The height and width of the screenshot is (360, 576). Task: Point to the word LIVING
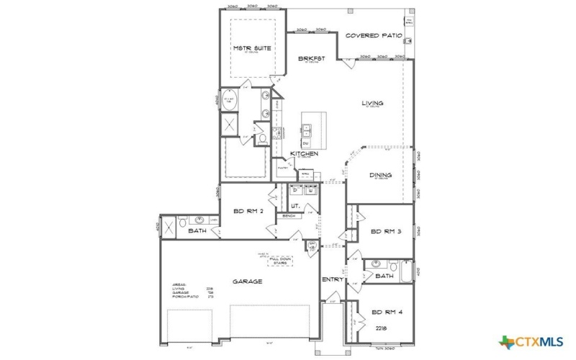tap(372, 103)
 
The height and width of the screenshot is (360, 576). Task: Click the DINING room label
tap(380, 175)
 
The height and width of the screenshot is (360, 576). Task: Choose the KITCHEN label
tap(304, 153)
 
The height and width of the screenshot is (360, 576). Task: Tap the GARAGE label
tap(246, 282)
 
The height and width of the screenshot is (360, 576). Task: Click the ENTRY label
tap(333, 279)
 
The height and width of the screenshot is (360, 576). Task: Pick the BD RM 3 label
tap(384, 231)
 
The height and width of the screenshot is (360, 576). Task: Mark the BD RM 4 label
tap(384, 313)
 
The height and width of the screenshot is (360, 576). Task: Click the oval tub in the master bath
tap(230, 101)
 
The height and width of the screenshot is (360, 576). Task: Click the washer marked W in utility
tap(310, 190)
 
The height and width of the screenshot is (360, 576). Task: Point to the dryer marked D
tap(295, 190)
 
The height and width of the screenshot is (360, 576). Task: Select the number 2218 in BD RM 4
tap(381, 328)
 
